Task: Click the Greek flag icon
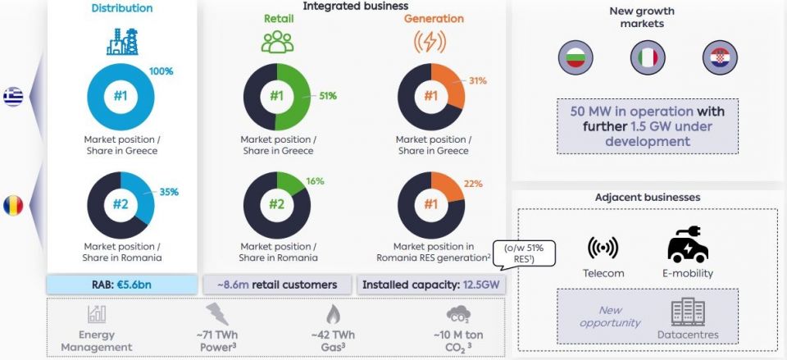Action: (x=12, y=96)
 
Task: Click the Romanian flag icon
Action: (x=12, y=204)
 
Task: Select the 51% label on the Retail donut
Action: (x=328, y=96)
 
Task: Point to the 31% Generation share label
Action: (x=477, y=80)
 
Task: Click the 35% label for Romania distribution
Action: (x=169, y=192)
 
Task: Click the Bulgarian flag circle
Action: (x=573, y=57)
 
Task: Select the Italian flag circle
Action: (x=644, y=57)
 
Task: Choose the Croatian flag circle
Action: (x=716, y=57)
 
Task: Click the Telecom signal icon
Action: (x=603, y=247)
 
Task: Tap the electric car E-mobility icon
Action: (x=688, y=244)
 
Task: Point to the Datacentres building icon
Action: (x=687, y=311)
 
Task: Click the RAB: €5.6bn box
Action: (x=121, y=285)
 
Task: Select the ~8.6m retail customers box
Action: (x=277, y=285)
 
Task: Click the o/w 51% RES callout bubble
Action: (x=524, y=253)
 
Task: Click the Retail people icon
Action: (x=276, y=42)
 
